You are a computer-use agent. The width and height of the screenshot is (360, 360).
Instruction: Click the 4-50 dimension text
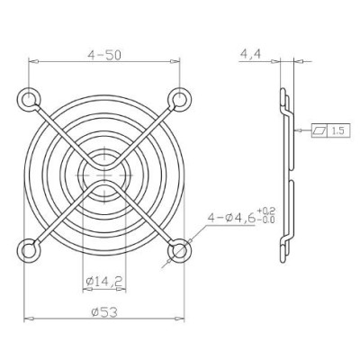(104, 54)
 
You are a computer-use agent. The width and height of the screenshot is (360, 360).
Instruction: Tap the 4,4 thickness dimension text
(250, 55)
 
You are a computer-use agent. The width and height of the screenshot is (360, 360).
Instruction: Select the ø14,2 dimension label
(103, 282)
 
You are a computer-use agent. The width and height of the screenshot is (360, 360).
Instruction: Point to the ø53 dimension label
(104, 312)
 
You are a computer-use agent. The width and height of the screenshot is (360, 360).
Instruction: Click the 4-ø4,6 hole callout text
(231, 218)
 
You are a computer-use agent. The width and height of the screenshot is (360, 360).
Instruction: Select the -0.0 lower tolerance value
(266, 220)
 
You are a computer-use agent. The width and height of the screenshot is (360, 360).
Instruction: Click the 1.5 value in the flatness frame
(337, 130)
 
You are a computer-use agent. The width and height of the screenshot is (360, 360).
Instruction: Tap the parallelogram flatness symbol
(319, 130)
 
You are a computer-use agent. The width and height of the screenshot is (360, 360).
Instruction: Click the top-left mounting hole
(29, 99)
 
